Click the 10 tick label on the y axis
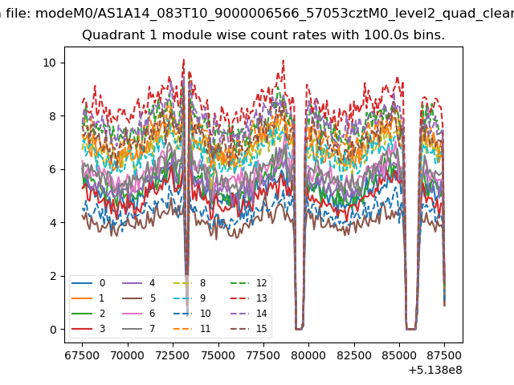pyautogui.click(x=50, y=63)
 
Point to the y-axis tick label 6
pyautogui.click(x=52, y=169)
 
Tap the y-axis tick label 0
pyautogui.click(x=52, y=330)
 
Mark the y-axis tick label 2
pyautogui.click(x=52, y=276)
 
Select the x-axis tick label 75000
pyautogui.click(x=218, y=354)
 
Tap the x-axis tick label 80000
pyautogui.click(x=308, y=354)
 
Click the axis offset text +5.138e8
pyautogui.click(x=435, y=370)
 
